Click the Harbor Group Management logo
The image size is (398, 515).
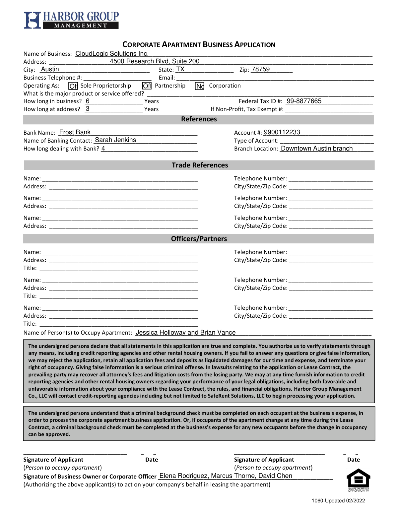click(x=71, y=20)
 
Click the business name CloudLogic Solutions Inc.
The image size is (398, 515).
click(x=112, y=53)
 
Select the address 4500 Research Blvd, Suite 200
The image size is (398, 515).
click(x=155, y=61)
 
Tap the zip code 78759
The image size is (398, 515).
click(x=260, y=69)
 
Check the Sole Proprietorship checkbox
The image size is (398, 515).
click(x=73, y=86)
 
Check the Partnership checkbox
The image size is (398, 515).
click(x=147, y=86)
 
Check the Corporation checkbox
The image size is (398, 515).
click(x=200, y=86)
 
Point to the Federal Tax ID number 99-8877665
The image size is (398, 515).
click(x=304, y=101)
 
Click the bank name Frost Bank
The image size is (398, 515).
click(x=75, y=132)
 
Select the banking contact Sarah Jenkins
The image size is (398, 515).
click(x=115, y=140)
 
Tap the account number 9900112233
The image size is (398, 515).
click(x=282, y=132)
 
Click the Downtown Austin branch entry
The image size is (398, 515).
click(x=317, y=148)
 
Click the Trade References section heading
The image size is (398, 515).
click(x=200, y=165)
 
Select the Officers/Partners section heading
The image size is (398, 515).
click(x=199, y=239)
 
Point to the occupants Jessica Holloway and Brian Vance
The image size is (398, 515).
click(x=186, y=332)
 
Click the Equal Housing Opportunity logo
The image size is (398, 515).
click(x=358, y=480)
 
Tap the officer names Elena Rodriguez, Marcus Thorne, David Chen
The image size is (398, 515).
click(x=226, y=476)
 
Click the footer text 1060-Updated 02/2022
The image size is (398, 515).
click(x=338, y=501)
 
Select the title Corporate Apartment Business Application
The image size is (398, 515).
click(x=199, y=44)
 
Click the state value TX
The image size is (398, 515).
click(x=180, y=69)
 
